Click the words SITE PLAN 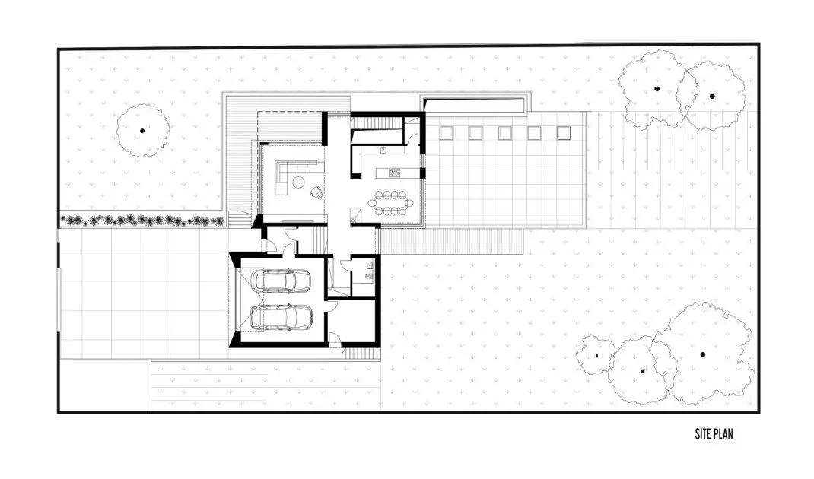pyautogui.click(x=714, y=434)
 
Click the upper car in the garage pyautogui.click(x=280, y=281)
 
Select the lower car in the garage pyautogui.click(x=282, y=317)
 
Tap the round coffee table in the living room pyautogui.click(x=298, y=182)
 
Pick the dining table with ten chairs pyautogui.click(x=392, y=202)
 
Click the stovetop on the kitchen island pyautogui.click(x=395, y=173)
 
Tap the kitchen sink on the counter pyautogui.click(x=383, y=150)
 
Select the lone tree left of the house pyautogui.click(x=143, y=131)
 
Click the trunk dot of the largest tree pyautogui.click(x=702, y=355)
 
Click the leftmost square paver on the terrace pyautogui.click(x=446, y=133)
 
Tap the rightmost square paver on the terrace pyautogui.click(x=564, y=133)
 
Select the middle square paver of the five pyautogui.click(x=504, y=133)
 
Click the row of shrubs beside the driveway pyautogui.click(x=143, y=221)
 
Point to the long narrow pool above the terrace pyautogui.click(x=475, y=105)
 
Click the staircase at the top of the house pyautogui.click(x=377, y=122)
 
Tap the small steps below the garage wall pyautogui.click(x=361, y=354)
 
